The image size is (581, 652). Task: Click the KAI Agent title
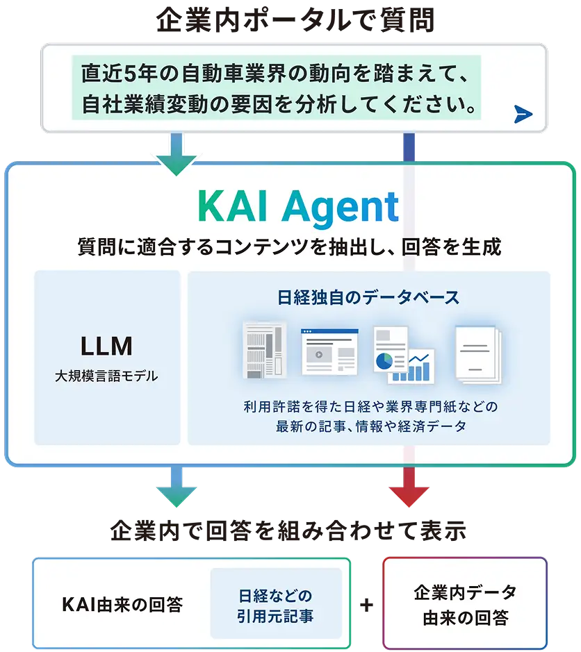297,206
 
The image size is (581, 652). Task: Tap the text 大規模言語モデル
106,376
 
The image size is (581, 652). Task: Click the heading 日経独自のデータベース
368,297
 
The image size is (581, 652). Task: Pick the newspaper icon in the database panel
263,351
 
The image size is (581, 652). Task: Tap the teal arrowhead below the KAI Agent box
177,494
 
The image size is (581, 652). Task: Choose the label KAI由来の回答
122,605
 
